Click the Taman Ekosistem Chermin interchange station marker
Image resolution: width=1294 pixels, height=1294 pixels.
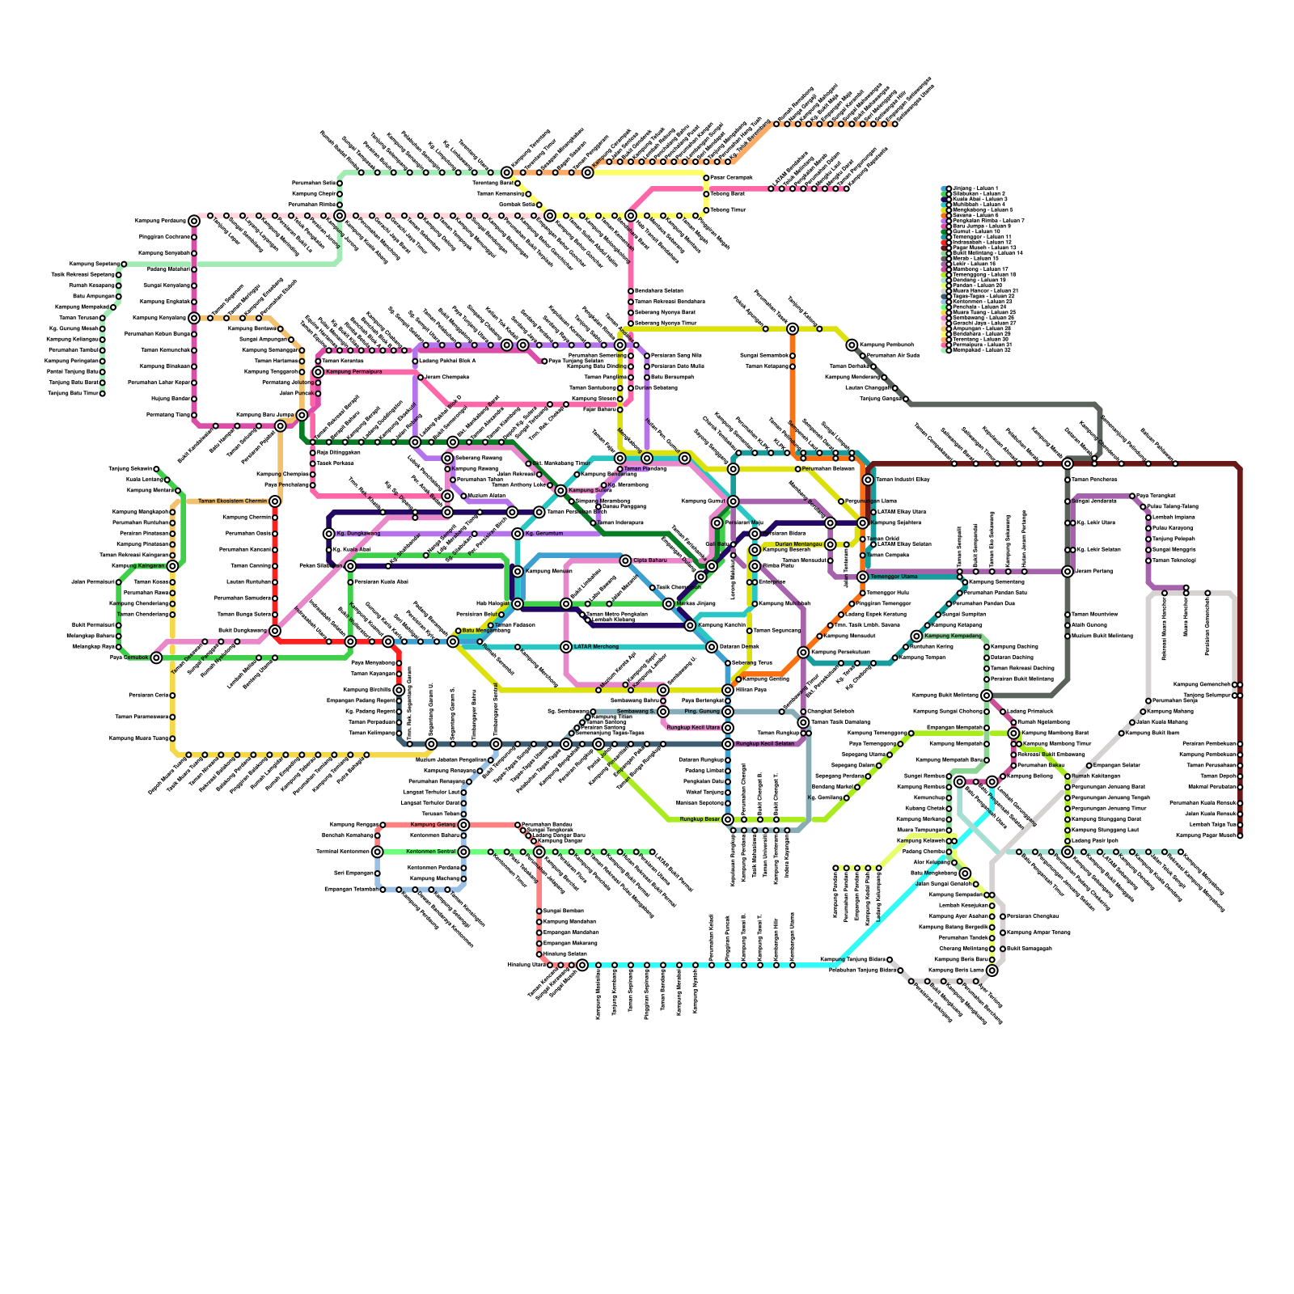(275, 501)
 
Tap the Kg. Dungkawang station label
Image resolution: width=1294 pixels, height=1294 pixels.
(358, 534)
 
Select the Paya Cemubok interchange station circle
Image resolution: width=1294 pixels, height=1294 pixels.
(156, 658)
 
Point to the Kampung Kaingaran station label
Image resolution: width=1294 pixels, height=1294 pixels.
(138, 566)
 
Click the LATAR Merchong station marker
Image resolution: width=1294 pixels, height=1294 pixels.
(566, 647)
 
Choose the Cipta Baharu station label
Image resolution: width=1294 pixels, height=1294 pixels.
(650, 560)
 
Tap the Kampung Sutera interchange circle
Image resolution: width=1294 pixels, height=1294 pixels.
(560, 491)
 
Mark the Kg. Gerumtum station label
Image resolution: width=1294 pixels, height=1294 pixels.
(544, 534)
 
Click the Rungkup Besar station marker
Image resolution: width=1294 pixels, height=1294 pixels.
(728, 819)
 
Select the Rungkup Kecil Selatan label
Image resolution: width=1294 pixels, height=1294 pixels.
(765, 744)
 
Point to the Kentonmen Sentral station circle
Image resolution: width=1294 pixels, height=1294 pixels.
(463, 852)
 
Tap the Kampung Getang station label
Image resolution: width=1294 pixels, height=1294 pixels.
(433, 825)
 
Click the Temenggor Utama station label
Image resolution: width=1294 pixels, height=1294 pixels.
(894, 577)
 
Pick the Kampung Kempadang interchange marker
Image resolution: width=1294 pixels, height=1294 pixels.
(916, 636)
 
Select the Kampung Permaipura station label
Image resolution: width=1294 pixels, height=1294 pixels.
(353, 372)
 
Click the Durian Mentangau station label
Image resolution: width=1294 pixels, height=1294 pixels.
(798, 544)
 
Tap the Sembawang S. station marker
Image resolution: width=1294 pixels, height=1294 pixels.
(663, 712)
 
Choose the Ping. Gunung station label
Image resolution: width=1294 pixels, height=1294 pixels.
(702, 712)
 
